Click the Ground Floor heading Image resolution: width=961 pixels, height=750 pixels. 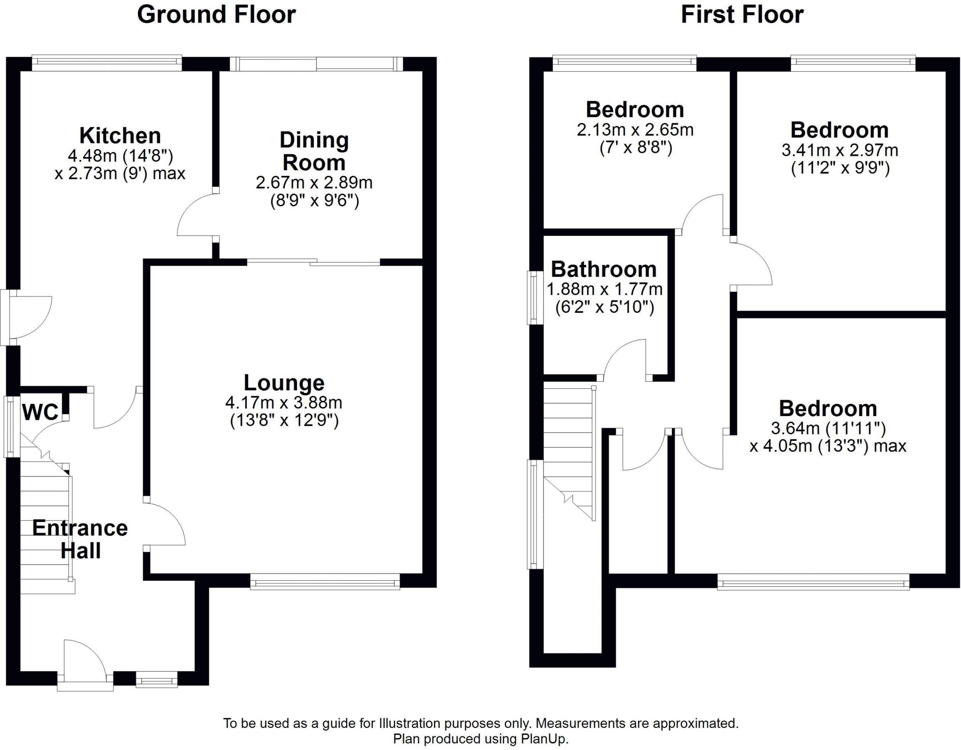click(x=216, y=15)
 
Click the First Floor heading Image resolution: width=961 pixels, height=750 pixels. click(x=742, y=15)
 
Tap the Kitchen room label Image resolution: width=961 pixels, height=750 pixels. click(x=120, y=136)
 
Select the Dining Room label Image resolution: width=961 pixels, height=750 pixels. click(x=314, y=151)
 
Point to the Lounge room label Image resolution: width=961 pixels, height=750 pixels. click(x=284, y=383)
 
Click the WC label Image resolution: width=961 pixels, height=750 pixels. click(x=40, y=412)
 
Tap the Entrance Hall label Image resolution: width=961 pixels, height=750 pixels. click(x=80, y=539)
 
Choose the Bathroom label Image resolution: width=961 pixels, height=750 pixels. click(x=603, y=269)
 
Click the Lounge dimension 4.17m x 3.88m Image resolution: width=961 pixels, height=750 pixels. click(x=284, y=402)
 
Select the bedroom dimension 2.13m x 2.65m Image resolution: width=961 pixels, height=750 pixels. click(x=635, y=129)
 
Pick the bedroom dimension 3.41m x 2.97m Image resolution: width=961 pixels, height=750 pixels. click(x=840, y=150)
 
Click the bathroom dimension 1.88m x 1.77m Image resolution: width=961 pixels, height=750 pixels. click(x=605, y=289)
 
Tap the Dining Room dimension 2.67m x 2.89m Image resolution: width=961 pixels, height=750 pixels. click(x=314, y=182)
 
